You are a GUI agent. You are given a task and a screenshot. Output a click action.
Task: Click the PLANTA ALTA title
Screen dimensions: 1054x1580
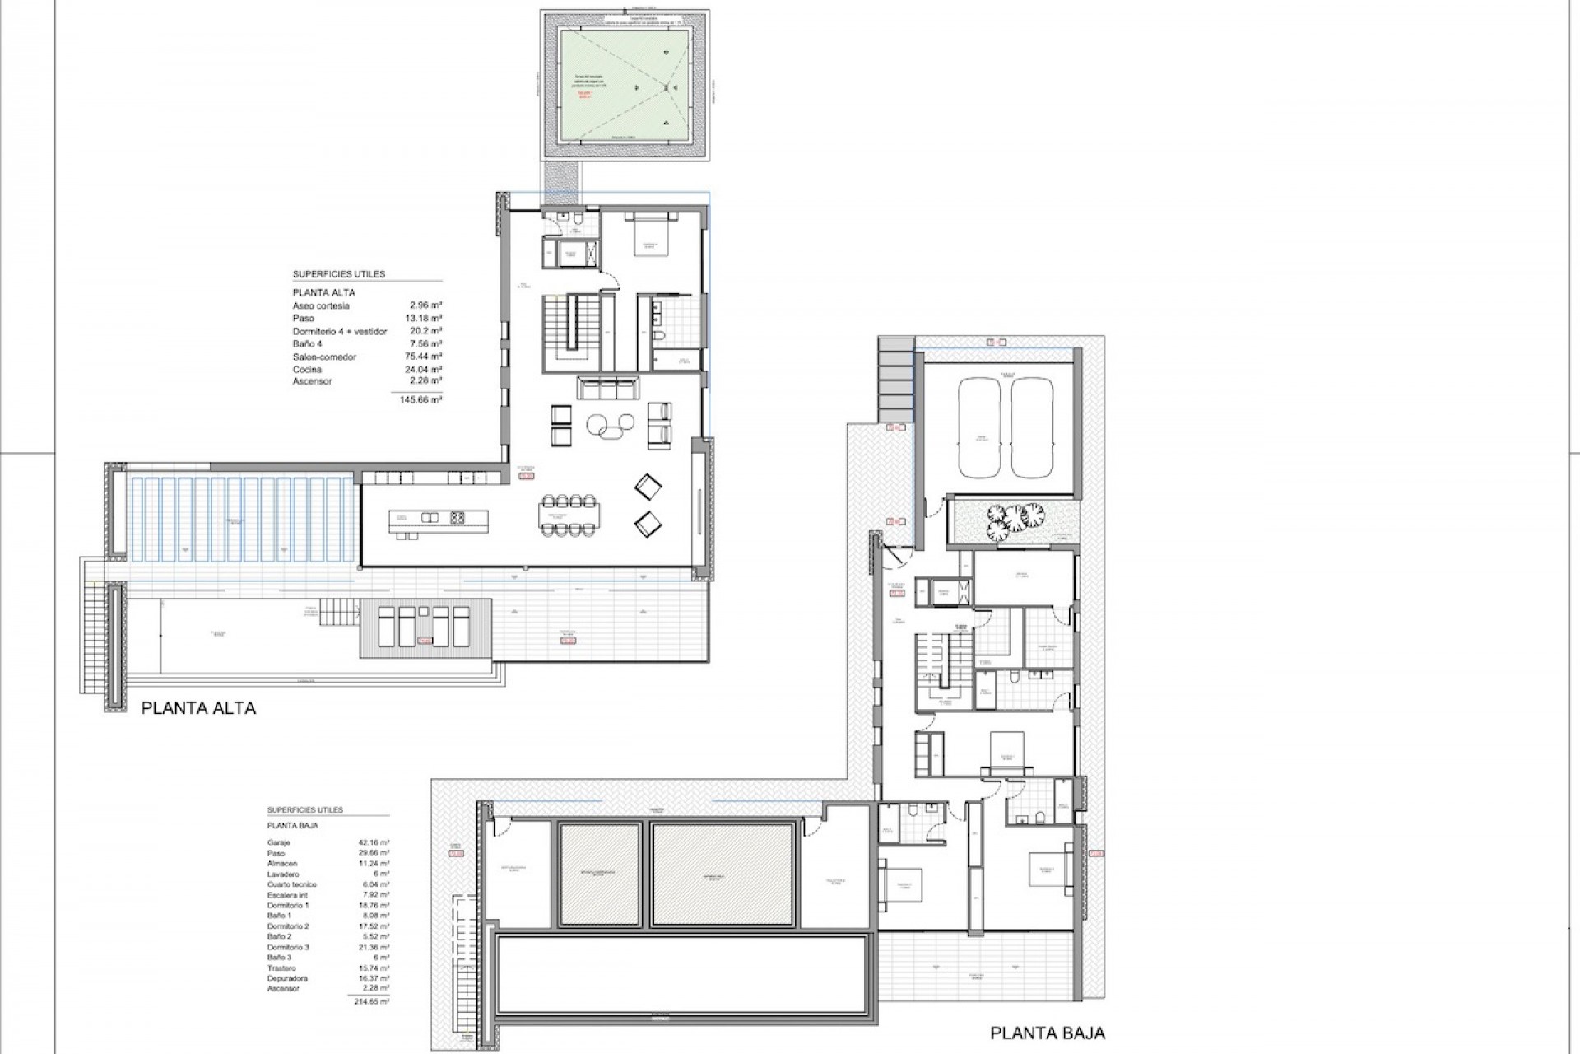pos(198,707)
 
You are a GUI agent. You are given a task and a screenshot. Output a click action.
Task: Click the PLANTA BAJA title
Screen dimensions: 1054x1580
pos(1048,1033)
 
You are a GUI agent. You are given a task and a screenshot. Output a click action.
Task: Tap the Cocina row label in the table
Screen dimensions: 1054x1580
pos(307,370)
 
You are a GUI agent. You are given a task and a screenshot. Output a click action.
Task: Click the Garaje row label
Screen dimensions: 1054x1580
pos(279,842)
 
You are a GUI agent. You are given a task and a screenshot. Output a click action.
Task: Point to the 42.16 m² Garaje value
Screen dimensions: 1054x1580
pos(374,842)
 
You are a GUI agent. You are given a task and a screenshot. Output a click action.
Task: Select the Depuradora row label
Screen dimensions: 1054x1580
pos(287,978)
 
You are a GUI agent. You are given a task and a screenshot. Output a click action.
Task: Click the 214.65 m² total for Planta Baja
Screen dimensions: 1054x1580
pos(374,1001)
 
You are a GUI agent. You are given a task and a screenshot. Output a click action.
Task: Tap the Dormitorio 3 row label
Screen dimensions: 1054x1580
pos(288,947)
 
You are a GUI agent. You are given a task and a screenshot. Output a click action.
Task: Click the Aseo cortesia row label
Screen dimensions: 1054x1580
pos(321,305)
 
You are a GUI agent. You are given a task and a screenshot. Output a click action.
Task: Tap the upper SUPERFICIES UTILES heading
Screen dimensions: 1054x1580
pos(338,274)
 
